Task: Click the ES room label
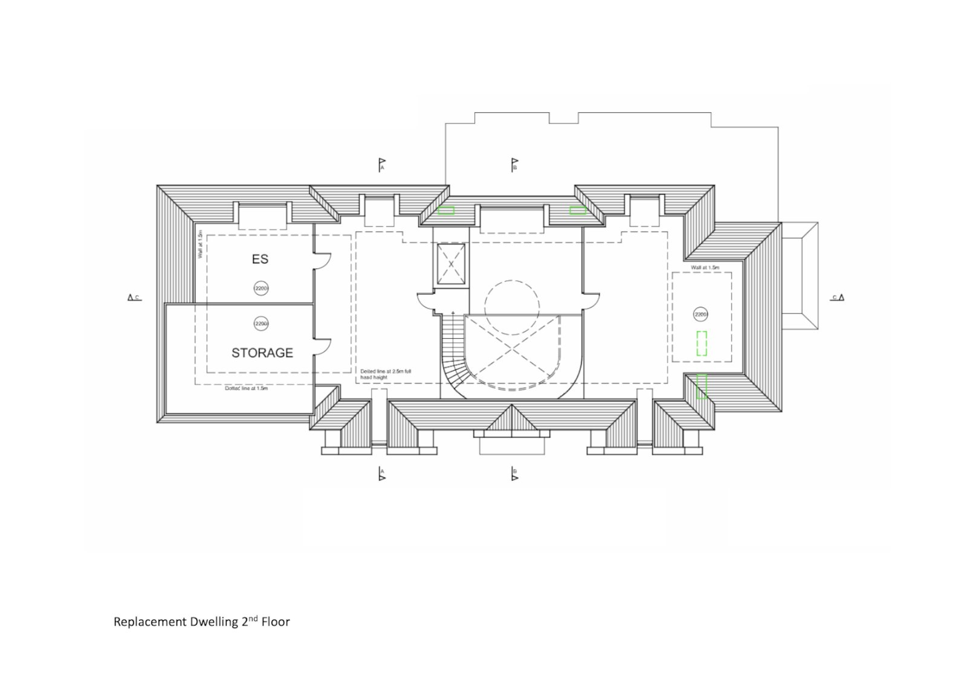pos(260,260)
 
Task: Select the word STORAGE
pos(262,353)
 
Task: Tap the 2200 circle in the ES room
pos(260,289)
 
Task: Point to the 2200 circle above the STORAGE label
pos(260,324)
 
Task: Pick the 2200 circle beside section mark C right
pos(700,315)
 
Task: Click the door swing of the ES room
pos(323,260)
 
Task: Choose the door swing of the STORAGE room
pos(323,345)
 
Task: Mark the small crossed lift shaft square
pos(451,264)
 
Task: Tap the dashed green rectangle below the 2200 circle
pos(702,343)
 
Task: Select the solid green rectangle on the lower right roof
pos(702,386)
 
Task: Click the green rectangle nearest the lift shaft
pos(446,211)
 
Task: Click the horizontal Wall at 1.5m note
pos(705,267)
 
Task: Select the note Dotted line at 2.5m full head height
pos(386,374)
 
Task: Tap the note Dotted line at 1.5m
pos(246,388)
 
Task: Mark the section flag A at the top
pos(381,164)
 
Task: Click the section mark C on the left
pos(134,297)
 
